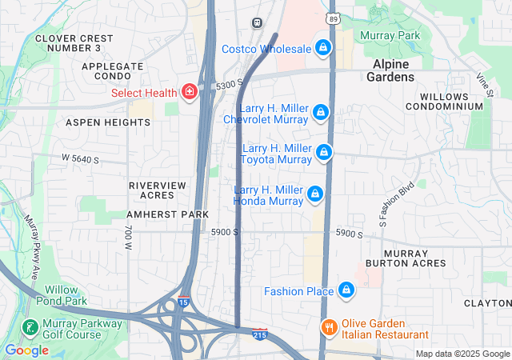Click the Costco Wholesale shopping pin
[322, 48]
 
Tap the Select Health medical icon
[190, 93]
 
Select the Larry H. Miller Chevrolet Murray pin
[321, 113]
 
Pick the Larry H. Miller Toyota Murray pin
[323, 152]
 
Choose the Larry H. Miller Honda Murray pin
[316, 194]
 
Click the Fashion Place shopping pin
[346, 290]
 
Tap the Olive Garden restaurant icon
[328, 327]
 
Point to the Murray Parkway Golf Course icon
[29, 328]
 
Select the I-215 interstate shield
[259, 334]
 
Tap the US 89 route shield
[333, 17]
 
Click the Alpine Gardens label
[391, 70]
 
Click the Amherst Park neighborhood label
[167, 214]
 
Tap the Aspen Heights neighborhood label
[107, 122]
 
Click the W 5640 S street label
[80, 159]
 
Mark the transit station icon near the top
[257, 23]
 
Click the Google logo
[26, 350]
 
